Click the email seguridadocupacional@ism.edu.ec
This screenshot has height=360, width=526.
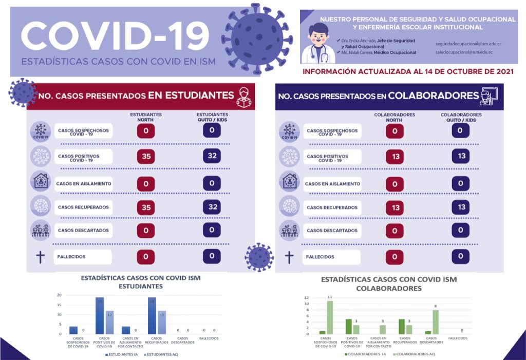pyautogui.click(x=468, y=44)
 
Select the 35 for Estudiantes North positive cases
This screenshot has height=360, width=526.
pyautogui.click(x=146, y=156)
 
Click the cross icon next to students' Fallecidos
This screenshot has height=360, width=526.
pyautogui.click(x=40, y=256)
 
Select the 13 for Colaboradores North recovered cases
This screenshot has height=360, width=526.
pyautogui.click(x=394, y=207)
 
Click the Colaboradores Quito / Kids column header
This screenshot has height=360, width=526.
pyautogui.click(x=461, y=118)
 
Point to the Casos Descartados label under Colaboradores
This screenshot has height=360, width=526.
pyautogui.click(x=332, y=231)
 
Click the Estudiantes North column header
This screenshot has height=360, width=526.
pyautogui.click(x=146, y=118)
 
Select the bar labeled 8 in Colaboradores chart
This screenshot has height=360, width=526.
pyautogui.click(x=435, y=321)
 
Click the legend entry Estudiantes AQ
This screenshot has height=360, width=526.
pyautogui.click(x=161, y=354)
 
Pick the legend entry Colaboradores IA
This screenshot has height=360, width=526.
pyautogui.click(x=364, y=354)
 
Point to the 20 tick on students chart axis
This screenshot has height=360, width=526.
pyautogui.click(x=59, y=295)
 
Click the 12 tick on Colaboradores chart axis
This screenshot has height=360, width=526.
pyautogui.click(x=306, y=298)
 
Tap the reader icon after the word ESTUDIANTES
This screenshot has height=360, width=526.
pyautogui.click(x=243, y=96)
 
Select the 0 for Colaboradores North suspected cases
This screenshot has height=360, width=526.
pyautogui.click(x=394, y=131)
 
